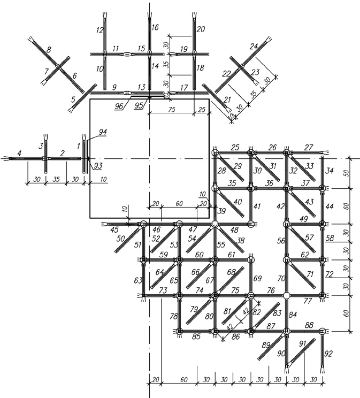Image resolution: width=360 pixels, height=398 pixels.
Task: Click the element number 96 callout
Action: coord(119,106)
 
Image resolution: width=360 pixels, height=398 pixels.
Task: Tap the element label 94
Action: coord(103,132)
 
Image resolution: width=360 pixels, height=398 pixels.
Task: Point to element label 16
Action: coord(155,27)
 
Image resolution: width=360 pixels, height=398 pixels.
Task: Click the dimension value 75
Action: coord(172,110)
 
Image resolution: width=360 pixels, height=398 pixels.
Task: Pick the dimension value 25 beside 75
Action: coord(202,110)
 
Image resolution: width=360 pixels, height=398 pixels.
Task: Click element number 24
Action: coord(254,46)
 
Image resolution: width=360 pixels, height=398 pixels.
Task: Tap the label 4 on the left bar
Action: coord(20,153)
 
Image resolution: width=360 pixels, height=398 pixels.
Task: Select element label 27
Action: coord(309,147)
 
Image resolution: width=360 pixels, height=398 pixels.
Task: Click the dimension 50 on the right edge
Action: coord(347,173)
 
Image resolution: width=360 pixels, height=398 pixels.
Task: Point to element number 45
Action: coord(114,229)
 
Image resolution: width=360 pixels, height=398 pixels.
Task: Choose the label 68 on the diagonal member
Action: coord(231,272)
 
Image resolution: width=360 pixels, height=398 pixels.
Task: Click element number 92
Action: coord(328,354)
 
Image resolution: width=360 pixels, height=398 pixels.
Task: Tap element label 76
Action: coord(271,290)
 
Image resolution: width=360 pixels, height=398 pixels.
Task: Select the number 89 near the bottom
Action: coord(266,345)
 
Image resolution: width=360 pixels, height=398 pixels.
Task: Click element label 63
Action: coord(139,280)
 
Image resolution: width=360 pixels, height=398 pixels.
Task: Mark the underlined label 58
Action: coord(330,238)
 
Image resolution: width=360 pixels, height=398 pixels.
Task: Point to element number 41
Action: coord(257,206)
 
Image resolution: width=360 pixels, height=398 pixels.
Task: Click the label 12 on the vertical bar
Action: coord(100,30)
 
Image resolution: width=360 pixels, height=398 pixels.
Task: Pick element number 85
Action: coord(196,336)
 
